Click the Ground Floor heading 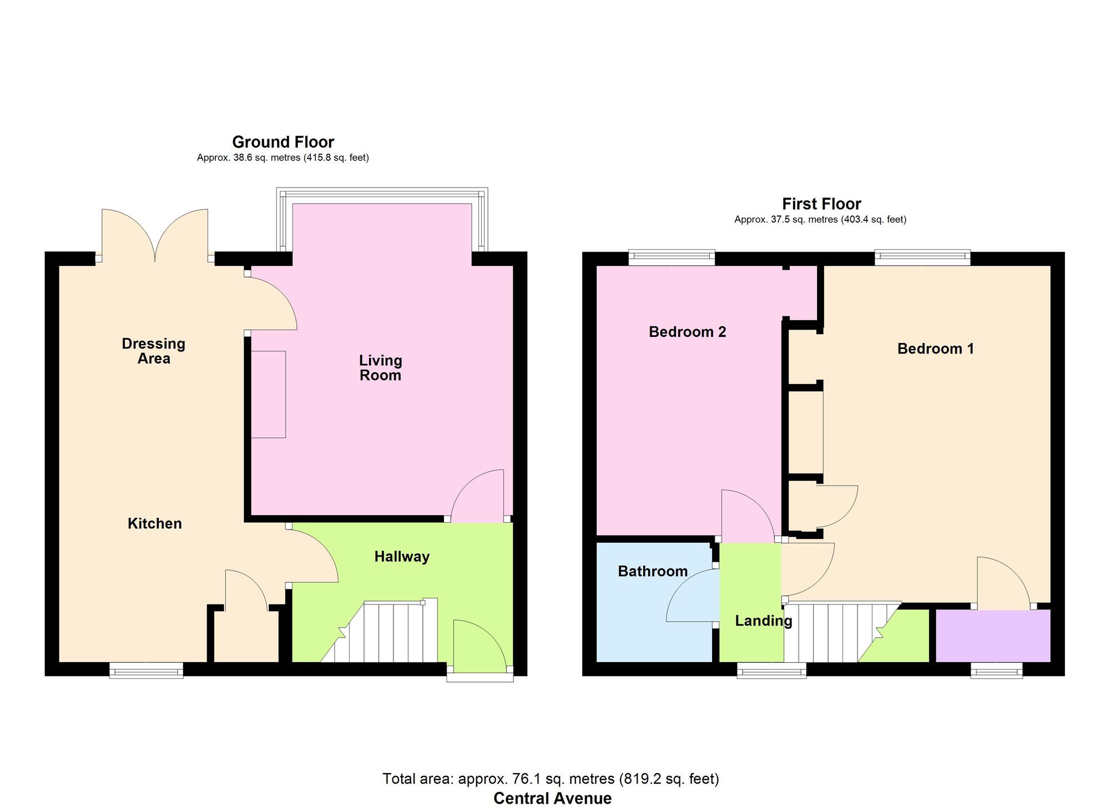click(282, 142)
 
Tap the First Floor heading click(821, 204)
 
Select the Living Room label click(380, 368)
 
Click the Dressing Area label click(154, 351)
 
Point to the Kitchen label click(154, 523)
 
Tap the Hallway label click(402, 557)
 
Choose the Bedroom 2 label click(687, 332)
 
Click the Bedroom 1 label click(935, 349)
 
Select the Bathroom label click(653, 571)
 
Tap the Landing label click(763, 621)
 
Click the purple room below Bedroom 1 click(993, 636)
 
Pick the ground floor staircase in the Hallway click(389, 633)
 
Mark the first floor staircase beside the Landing click(833, 633)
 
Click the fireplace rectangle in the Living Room click(269, 394)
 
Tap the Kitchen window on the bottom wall click(146, 670)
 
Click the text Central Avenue click(552, 798)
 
